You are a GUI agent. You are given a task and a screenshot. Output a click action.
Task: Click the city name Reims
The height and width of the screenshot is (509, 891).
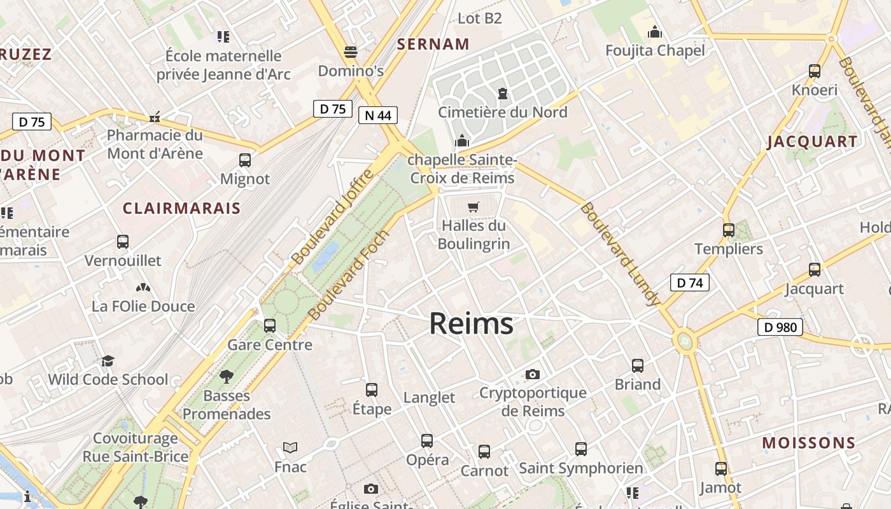[x=471, y=323]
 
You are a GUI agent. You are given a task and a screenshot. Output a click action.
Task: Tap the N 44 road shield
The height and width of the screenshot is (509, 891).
[x=378, y=115]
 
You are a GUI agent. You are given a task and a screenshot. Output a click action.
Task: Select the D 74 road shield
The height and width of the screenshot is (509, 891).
[x=689, y=282]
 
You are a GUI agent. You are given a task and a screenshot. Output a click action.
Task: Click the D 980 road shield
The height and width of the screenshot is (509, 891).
[x=780, y=328]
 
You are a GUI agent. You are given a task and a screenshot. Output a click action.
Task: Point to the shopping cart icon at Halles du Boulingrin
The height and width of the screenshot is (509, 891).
[x=473, y=207]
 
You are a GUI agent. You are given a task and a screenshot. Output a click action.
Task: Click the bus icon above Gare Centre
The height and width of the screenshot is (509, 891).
[x=270, y=326]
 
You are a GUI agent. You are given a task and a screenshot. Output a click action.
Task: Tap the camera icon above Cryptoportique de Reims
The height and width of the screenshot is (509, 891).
[x=533, y=374]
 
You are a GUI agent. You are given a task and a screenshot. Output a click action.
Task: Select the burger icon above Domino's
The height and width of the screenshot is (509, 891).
[x=350, y=52]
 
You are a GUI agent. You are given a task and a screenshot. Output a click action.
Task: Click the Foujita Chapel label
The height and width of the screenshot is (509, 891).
[x=655, y=50]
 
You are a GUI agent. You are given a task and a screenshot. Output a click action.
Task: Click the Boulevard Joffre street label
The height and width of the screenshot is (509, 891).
[x=330, y=217]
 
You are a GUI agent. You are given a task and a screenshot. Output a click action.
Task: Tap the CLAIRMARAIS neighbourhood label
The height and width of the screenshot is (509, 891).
[x=181, y=208]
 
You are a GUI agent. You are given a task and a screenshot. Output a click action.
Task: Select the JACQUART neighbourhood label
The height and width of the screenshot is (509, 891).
[x=812, y=141]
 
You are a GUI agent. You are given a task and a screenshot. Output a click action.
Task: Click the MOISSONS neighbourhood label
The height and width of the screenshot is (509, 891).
[x=809, y=443]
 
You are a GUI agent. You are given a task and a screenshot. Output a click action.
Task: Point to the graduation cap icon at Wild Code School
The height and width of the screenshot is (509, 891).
[x=108, y=361]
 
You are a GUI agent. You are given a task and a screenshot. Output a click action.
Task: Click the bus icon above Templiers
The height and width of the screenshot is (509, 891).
[x=729, y=230]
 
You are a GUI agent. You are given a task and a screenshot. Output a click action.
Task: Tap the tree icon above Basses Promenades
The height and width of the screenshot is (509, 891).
[x=226, y=377]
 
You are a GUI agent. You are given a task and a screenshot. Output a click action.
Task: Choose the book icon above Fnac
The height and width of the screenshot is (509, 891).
[x=290, y=448]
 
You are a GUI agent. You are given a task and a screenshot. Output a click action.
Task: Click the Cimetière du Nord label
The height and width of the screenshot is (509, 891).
[x=502, y=112]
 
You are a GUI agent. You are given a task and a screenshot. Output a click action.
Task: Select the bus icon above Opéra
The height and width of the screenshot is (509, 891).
[x=427, y=440]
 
